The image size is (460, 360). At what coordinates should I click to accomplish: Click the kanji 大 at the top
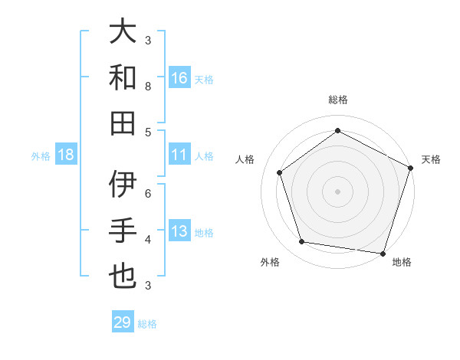pyautogui.click(x=123, y=31)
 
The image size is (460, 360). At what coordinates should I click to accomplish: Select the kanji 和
pyautogui.click(x=123, y=77)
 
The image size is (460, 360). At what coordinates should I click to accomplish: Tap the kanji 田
pyautogui.click(x=123, y=123)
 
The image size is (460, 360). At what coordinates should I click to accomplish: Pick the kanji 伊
pyautogui.click(x=123, y=185)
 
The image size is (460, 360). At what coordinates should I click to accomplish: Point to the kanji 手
pyautogui.click(x=123, y=231)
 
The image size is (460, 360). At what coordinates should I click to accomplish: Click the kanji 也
pyautogui.click(x=123, y=277)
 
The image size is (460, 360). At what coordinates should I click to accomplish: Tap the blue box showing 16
pyautogui.click(x=179, y=77)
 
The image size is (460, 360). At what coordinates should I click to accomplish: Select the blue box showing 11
pyautogui.click(x=179, y=155)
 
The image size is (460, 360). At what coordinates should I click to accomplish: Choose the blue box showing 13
pyautogui.click(x=179, y=231)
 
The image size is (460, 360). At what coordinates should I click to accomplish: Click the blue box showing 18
pyautogui.click(x=66, y=155)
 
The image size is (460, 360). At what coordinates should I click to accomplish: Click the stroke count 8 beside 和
pyautogui.click(x=148, y=86)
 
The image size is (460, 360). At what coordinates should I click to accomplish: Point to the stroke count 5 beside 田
pyautogui.click(x=148, y=132)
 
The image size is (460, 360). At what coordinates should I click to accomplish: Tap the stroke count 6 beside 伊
pyautogui.click(x=148, y=193)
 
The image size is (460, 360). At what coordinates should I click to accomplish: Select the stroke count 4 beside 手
pyautogui.click(x=148, y=239)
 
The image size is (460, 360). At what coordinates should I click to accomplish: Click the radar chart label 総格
pyautogui.click(x=338, y=100)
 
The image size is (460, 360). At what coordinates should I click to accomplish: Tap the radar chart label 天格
pyautogui.click(x=432, y=159)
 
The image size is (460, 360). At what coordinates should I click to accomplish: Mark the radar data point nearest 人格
pyautogui.click(x=279, y=172)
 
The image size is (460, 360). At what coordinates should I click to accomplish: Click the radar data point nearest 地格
pyautogui.click(x=383, y=253)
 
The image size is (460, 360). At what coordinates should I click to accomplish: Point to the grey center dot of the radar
pyautogui.click(x=338, y=191)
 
